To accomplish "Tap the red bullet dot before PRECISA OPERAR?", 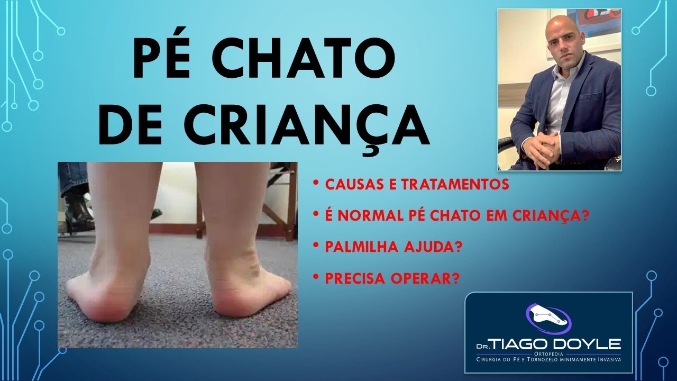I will (x=316, y=277).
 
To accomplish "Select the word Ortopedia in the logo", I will (x=548, y=353).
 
